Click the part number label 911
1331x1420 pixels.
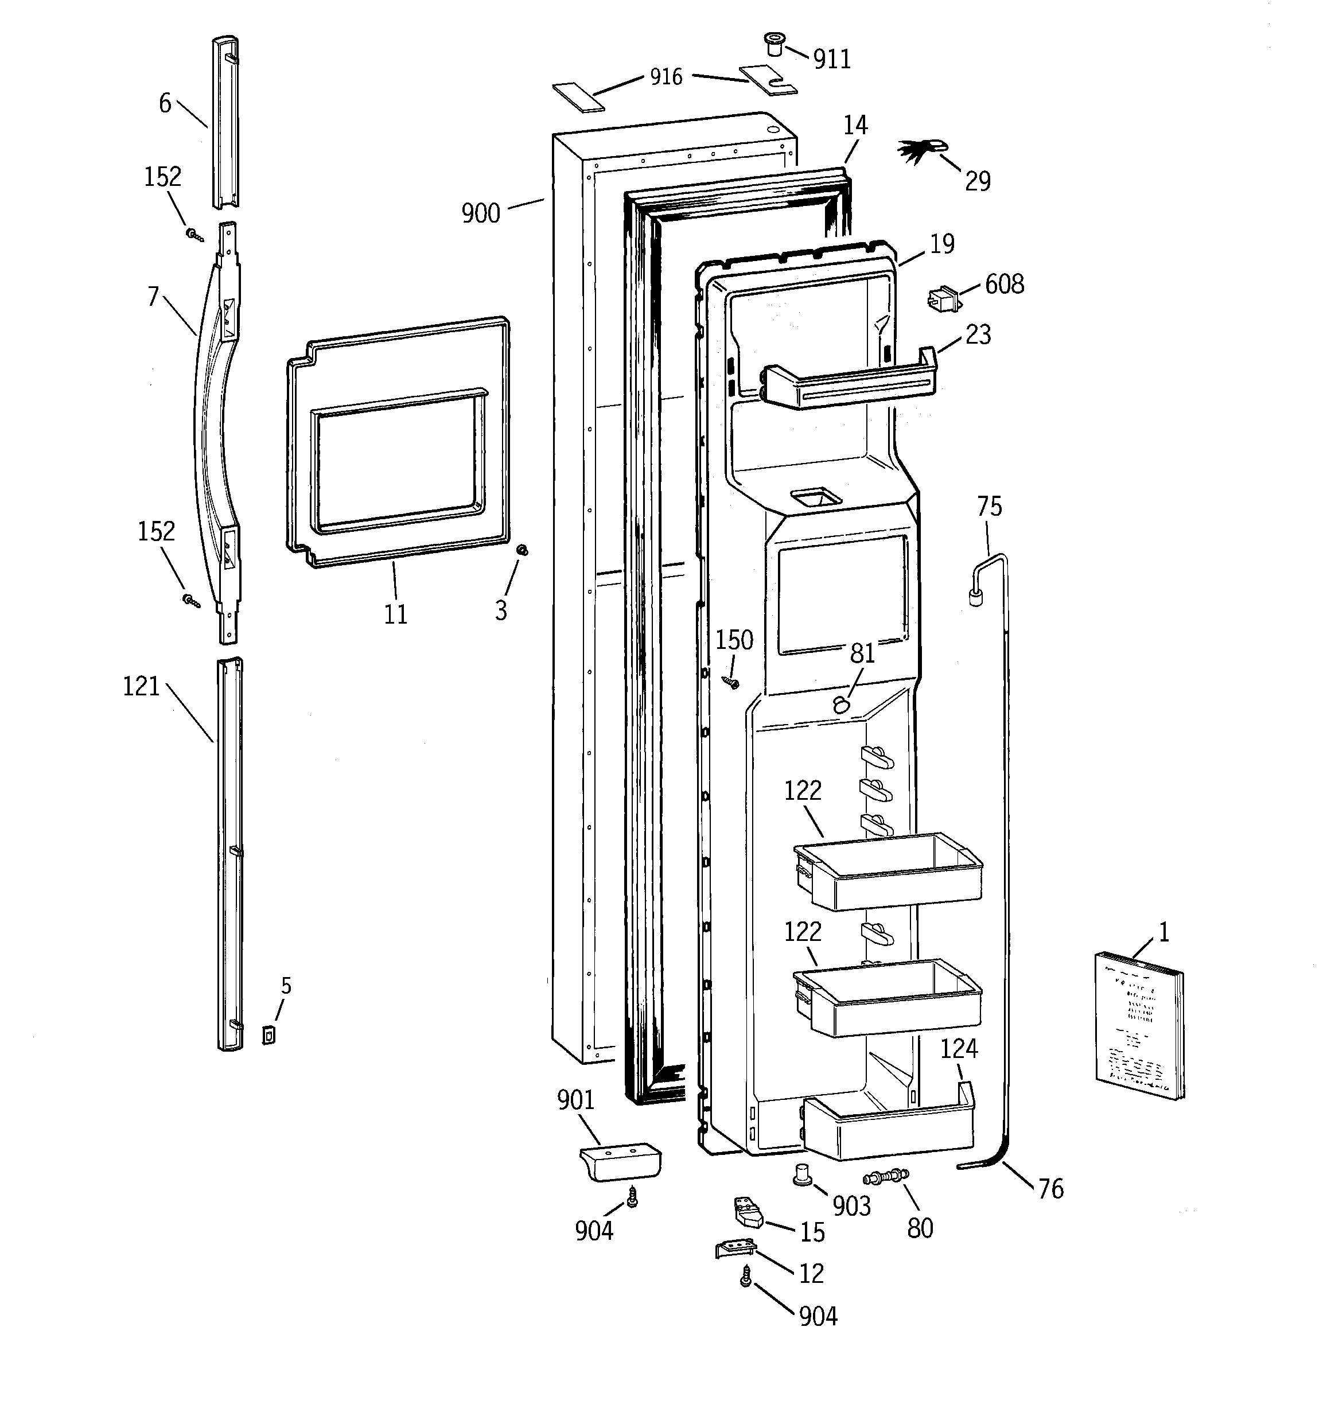(x=832, y=59)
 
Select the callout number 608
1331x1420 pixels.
(x=1004, y=284)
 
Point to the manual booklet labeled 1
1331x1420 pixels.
(x=1138, y=1026)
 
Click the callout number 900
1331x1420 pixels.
(x=481, y=213)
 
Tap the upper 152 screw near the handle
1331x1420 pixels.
(x=193, y=234)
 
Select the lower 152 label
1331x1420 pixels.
(x=155, y=531)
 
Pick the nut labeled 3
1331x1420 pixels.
(x=522, y=550)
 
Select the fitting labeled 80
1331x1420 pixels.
(x=886, y=1175)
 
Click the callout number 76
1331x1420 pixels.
(x=1050, y=1189)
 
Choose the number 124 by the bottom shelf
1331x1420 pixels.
(x=958, y=1049)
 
